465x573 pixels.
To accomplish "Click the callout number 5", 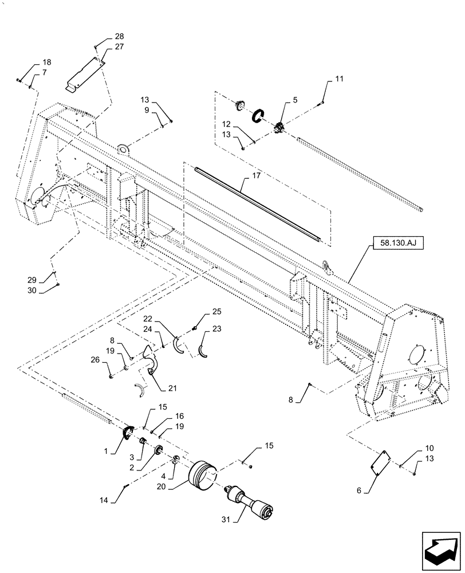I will coord(294,100).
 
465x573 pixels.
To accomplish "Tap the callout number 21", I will coord(172,388).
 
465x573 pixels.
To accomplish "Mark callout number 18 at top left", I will coord(46,62).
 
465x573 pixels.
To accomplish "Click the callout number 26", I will coord(95,360).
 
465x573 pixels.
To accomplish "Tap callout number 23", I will coord(216,329).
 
